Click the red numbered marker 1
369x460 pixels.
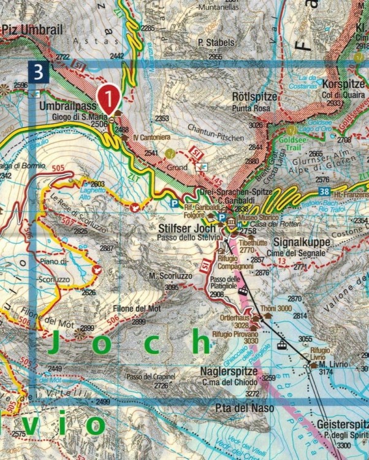pyautogui.click(x=108, y=96)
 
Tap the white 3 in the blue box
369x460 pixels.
pyautogui.click(x=39, y=72)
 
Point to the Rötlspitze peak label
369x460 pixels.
pyautogui.click(x=251, y=97)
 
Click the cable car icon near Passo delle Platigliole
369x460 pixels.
pyautogui.click(x=243, y=290)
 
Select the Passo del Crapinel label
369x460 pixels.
pyautogui.click(x=150, y=376)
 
